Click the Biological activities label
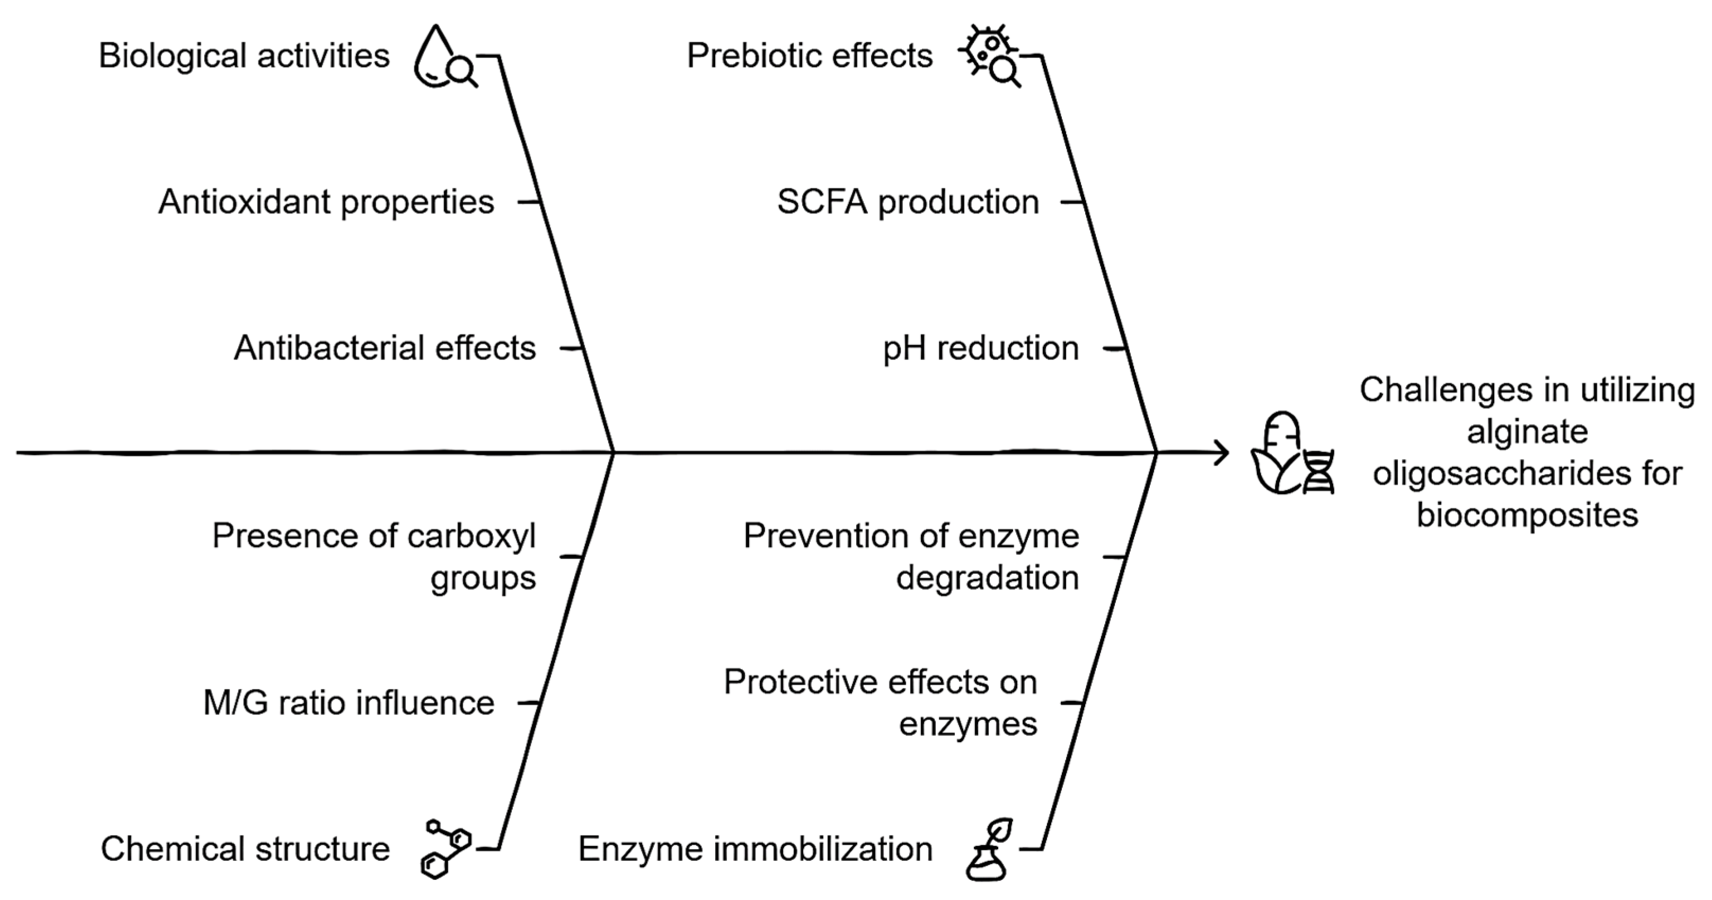click(244, 56)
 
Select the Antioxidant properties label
click(326, 202)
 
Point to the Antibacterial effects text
click(385, 348)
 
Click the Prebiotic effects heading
click(810, 56)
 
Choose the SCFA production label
click(908, 202)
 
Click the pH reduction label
click(980, 348)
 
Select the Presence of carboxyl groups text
click(374, 556)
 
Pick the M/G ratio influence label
click(348, 703)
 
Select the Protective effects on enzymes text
click(881, 702)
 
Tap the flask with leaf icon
click(990, 850)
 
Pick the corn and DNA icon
click(1292, 453)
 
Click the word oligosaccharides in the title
click(1527, 474)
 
